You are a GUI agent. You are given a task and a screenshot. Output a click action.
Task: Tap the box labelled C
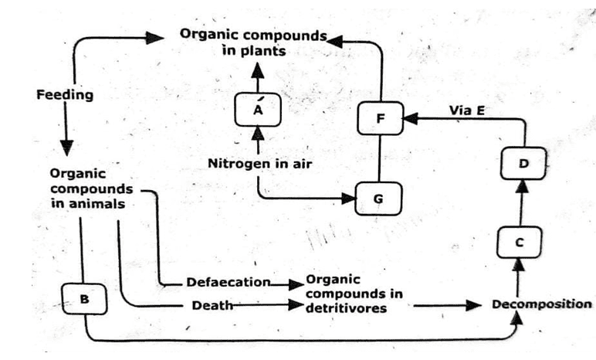(x=518, y=242)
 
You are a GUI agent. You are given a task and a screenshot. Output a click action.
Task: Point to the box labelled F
(x=381, y=119)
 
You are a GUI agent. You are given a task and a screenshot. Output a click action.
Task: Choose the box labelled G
(x=378, y=199)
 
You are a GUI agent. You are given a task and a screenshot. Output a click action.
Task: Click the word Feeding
(x=65, y=95)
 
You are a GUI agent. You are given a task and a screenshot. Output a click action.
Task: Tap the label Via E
(x=466, y=110)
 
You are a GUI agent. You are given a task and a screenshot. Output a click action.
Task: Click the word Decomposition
(x=540, y=304)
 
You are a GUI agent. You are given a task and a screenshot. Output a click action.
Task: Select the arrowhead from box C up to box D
(x=522, y=186)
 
